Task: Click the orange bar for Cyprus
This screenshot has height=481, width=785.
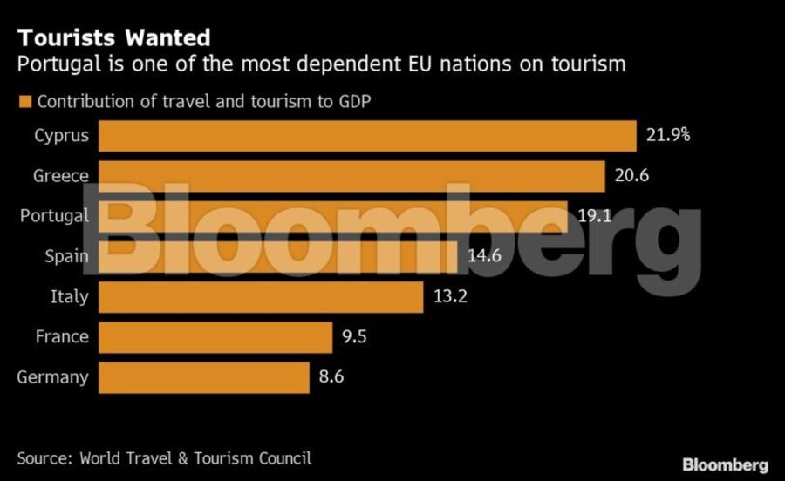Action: (x=367, y=136)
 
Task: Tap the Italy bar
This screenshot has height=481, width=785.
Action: (x=261, y=296)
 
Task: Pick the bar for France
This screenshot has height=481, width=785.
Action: (x=215, y=336)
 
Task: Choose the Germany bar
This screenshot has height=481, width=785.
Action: (x=204, y=377)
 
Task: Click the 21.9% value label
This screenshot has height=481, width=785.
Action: (x=669, y=135)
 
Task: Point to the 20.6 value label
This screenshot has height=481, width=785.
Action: (x=631, y=176)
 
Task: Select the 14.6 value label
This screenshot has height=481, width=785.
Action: (x=485, y=256)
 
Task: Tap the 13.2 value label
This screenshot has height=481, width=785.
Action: (x=451, y=296)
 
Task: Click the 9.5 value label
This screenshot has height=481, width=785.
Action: (x=355, y=336)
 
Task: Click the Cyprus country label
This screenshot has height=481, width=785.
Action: (x=61, y=136)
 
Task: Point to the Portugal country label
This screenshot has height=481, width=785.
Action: (x=54, y=216)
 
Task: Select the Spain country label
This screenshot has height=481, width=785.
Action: (x=66, y=256)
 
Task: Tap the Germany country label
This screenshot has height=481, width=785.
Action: (x=52, y=377)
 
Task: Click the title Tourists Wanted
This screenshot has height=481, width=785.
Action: (x=113, y=38)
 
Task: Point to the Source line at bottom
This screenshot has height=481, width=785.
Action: (x=164, y=457)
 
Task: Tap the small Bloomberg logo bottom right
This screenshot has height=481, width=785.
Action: (x=725, y=464)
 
